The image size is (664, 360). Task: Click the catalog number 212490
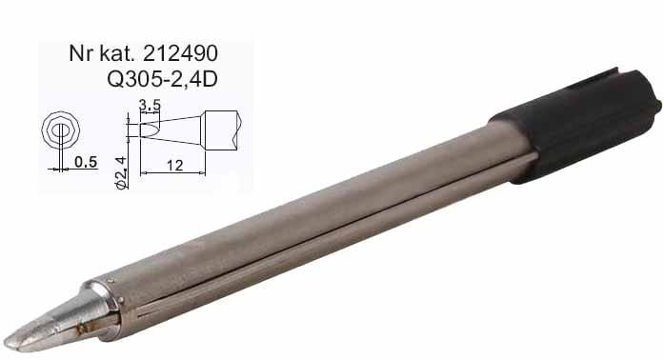[180, 53]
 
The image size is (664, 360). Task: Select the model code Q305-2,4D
[162, 79]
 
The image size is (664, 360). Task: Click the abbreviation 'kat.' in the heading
[116, 53]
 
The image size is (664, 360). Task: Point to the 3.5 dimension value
[150, 104]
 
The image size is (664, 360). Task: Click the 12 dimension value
[174, 165]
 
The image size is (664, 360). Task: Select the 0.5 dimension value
[86, 162]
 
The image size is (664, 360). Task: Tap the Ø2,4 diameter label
[121, 172]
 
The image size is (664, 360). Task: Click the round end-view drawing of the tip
[61, 130]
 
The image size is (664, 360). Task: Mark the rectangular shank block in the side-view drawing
[221, 130]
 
